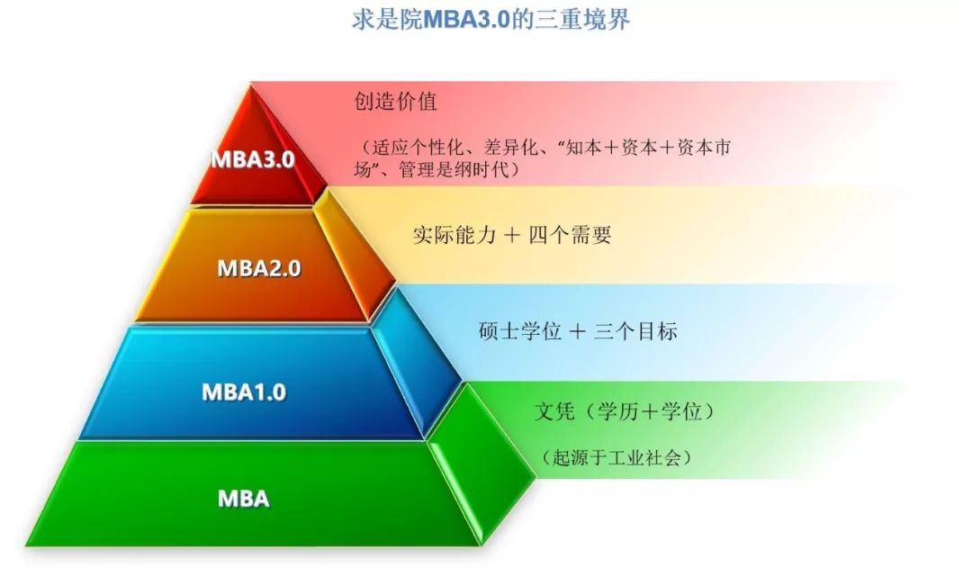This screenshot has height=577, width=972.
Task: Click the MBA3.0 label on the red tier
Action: coord(253,159)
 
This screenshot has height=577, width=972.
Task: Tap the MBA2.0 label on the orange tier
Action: coord(259,268)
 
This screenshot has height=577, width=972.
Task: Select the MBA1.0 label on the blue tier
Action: coord(244,392)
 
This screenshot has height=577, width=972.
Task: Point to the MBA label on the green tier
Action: coord(244,499)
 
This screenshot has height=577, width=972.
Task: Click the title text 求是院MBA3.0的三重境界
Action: coord(491,19)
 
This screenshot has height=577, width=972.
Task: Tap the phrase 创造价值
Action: coord(395,101)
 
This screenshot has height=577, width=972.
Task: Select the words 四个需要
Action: coord(570,235)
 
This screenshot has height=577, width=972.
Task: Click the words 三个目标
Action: coord(635,331)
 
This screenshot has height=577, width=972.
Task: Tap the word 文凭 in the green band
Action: coord(554,410)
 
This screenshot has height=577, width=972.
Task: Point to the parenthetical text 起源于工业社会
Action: coord(616,457)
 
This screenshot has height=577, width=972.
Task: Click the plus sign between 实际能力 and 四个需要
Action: coord(512,236)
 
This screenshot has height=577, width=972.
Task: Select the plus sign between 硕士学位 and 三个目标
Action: coord(577,331)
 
